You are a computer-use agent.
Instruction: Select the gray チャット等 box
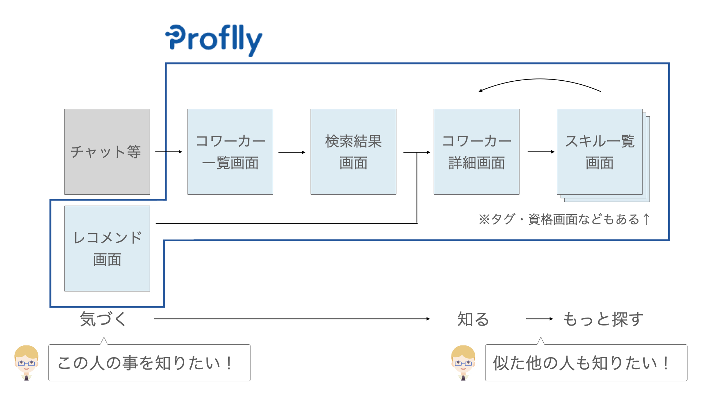click(107, 152)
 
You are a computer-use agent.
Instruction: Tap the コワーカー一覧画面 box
click(230, 152)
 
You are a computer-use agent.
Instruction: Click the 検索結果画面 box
click(353, 152)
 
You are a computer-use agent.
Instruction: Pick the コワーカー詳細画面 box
click(476, 152)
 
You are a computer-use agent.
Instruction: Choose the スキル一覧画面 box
click(600, 152)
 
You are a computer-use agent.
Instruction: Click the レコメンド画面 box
click(107, 249)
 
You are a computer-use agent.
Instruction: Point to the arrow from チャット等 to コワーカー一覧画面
click(169, 152)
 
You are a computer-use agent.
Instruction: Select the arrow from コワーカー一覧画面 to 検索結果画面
click(292, 152)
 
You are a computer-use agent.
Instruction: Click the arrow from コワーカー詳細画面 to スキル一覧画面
click(541, 152)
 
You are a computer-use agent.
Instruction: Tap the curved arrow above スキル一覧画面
click(540, 79)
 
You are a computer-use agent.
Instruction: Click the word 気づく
click(103, 319)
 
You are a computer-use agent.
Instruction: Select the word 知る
click(473, 319)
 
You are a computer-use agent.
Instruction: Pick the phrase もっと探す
click(603, 319)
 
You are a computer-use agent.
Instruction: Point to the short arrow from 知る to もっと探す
click(540, 319)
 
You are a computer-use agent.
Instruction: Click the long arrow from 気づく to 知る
click(292, 319)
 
